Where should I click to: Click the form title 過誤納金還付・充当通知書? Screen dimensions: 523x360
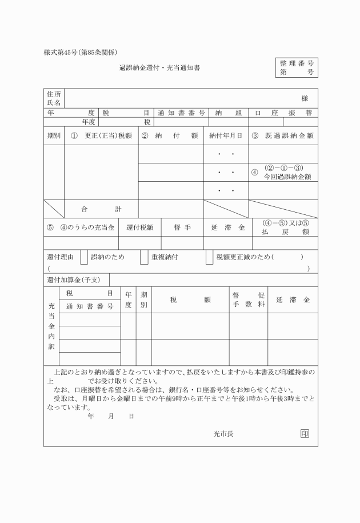(x=159, y=68)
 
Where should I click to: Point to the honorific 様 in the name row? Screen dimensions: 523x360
(x=305, y=99)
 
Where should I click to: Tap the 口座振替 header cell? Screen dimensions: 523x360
(x=283, y=113)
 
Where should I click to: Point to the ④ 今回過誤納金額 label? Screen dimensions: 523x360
(x=283, y=172)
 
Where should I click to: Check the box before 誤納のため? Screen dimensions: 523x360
(x=84, y=257)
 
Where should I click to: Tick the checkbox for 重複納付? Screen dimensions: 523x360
(x=144, y=257)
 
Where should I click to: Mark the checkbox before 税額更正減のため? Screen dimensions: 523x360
(x=209, y=257)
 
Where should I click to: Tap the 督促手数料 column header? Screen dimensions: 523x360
(x=249, y=300)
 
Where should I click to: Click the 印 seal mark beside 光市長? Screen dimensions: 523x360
(x=305, y=433)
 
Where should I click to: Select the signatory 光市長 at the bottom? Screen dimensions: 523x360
(x=223, y=433)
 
